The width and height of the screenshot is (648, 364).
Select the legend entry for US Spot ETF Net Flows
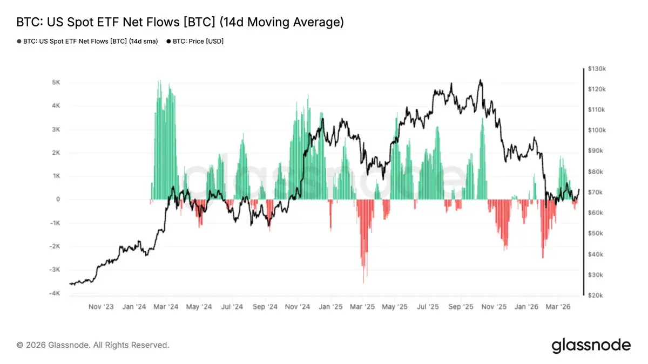(87, 41)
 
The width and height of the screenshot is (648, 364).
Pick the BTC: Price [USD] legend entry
(195, 41)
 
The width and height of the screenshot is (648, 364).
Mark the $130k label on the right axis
(598, 69)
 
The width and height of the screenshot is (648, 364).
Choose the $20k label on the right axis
(597, 296)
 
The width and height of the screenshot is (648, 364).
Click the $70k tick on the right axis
(597, 193)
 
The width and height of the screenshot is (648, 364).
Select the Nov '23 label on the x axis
(101, 307)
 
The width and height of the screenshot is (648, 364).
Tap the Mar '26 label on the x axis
(559, 307)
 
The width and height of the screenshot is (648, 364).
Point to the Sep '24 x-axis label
(265, 307)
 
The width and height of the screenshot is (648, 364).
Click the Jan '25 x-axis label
(330, 307)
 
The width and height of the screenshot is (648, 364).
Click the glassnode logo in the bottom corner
(591, 345)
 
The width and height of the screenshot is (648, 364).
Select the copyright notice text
(93, 345)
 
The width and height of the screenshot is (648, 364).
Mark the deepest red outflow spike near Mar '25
(363, 282)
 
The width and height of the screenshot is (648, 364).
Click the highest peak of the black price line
(480, 80)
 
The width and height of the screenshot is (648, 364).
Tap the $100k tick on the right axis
(598, 131)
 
